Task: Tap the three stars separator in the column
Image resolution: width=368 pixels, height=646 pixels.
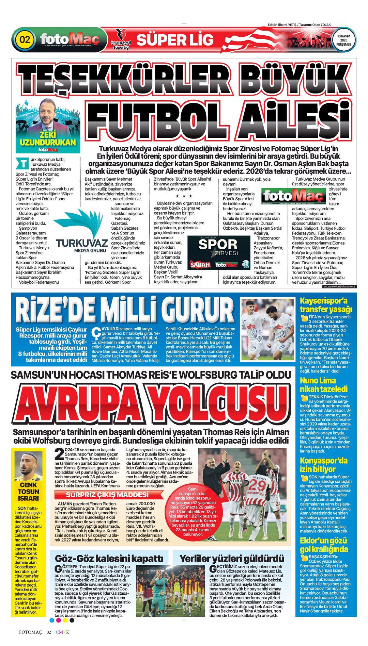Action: click(x=184, y=196)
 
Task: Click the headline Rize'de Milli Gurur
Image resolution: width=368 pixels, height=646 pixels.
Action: click(x=125, y=309)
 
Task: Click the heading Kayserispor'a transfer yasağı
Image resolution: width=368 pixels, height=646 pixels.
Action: click(x=325, y=305)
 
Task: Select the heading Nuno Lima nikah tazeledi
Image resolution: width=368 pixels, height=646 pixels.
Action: click(x=323, y=384)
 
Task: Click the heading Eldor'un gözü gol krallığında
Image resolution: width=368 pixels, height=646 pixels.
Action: click(x=324, y=545)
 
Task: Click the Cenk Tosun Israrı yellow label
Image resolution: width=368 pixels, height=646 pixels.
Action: click(x=29, y=491)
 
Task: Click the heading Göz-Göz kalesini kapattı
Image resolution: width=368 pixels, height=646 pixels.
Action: click(x=109, y=558)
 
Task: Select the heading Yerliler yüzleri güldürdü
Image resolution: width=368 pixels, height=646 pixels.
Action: click(x=232, y=558)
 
